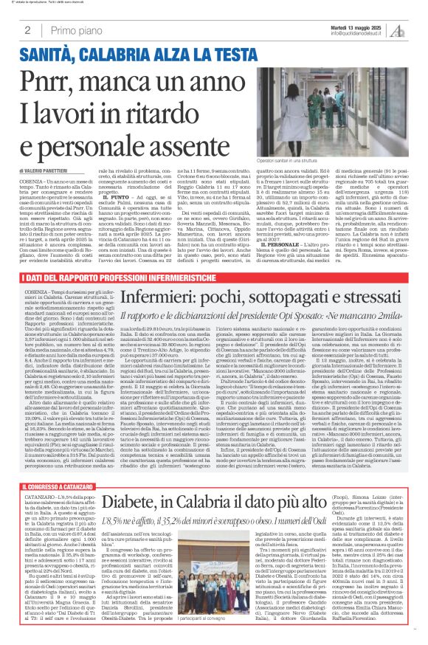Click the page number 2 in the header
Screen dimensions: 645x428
[27, 30]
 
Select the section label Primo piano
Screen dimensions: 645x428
[75, 30]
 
